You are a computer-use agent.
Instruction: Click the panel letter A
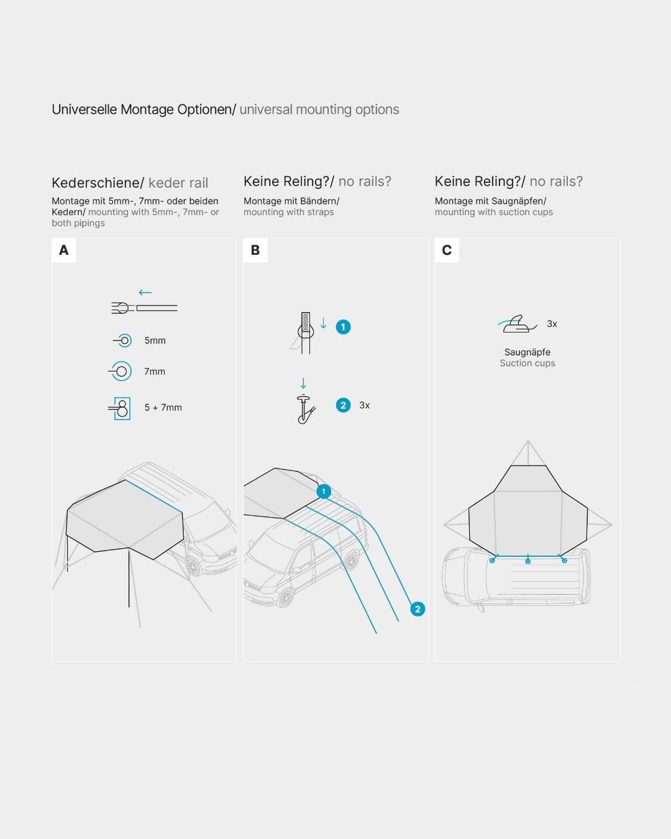(63, 250)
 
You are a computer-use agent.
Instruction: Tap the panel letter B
(255, 250)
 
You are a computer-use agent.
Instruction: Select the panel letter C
(447, 250)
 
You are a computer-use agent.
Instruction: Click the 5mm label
(155, 341)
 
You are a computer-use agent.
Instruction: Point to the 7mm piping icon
(121, 371)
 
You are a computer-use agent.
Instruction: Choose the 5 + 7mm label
(163, 408)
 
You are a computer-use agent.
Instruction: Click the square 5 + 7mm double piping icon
(120, 408)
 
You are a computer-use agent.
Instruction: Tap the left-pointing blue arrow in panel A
(145, 292)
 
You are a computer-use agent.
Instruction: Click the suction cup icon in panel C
(518, 324)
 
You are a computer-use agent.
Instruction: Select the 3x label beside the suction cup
(552, 324)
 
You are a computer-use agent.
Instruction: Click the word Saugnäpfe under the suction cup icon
(527, 352)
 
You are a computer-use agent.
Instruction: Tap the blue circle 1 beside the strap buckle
(343, 327)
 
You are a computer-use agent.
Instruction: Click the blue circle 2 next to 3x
(343, 405)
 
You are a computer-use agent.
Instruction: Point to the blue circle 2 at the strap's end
(418, 609)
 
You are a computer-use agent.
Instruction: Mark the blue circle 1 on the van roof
(324, 491)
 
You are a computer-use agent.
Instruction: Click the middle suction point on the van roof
(527, 561)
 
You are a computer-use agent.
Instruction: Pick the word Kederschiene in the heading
(96, 183)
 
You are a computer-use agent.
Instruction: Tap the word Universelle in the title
(84, 109)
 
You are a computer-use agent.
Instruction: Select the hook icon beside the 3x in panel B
(305, 410)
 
